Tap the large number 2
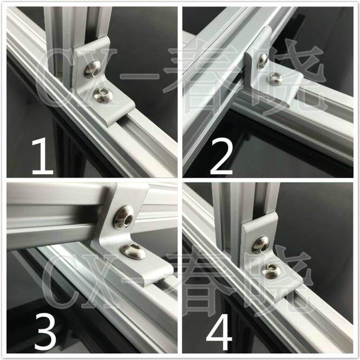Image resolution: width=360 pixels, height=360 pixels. (221, 156)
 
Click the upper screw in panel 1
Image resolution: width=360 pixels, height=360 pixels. (93, 69)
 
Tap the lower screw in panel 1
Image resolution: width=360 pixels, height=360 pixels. (103, 95)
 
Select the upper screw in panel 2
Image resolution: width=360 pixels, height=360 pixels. (263, 61)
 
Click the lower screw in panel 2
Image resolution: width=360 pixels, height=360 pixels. (274, 78)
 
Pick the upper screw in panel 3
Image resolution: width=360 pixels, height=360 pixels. (124, 217)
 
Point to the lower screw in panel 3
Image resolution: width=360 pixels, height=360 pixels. (133, 251)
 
